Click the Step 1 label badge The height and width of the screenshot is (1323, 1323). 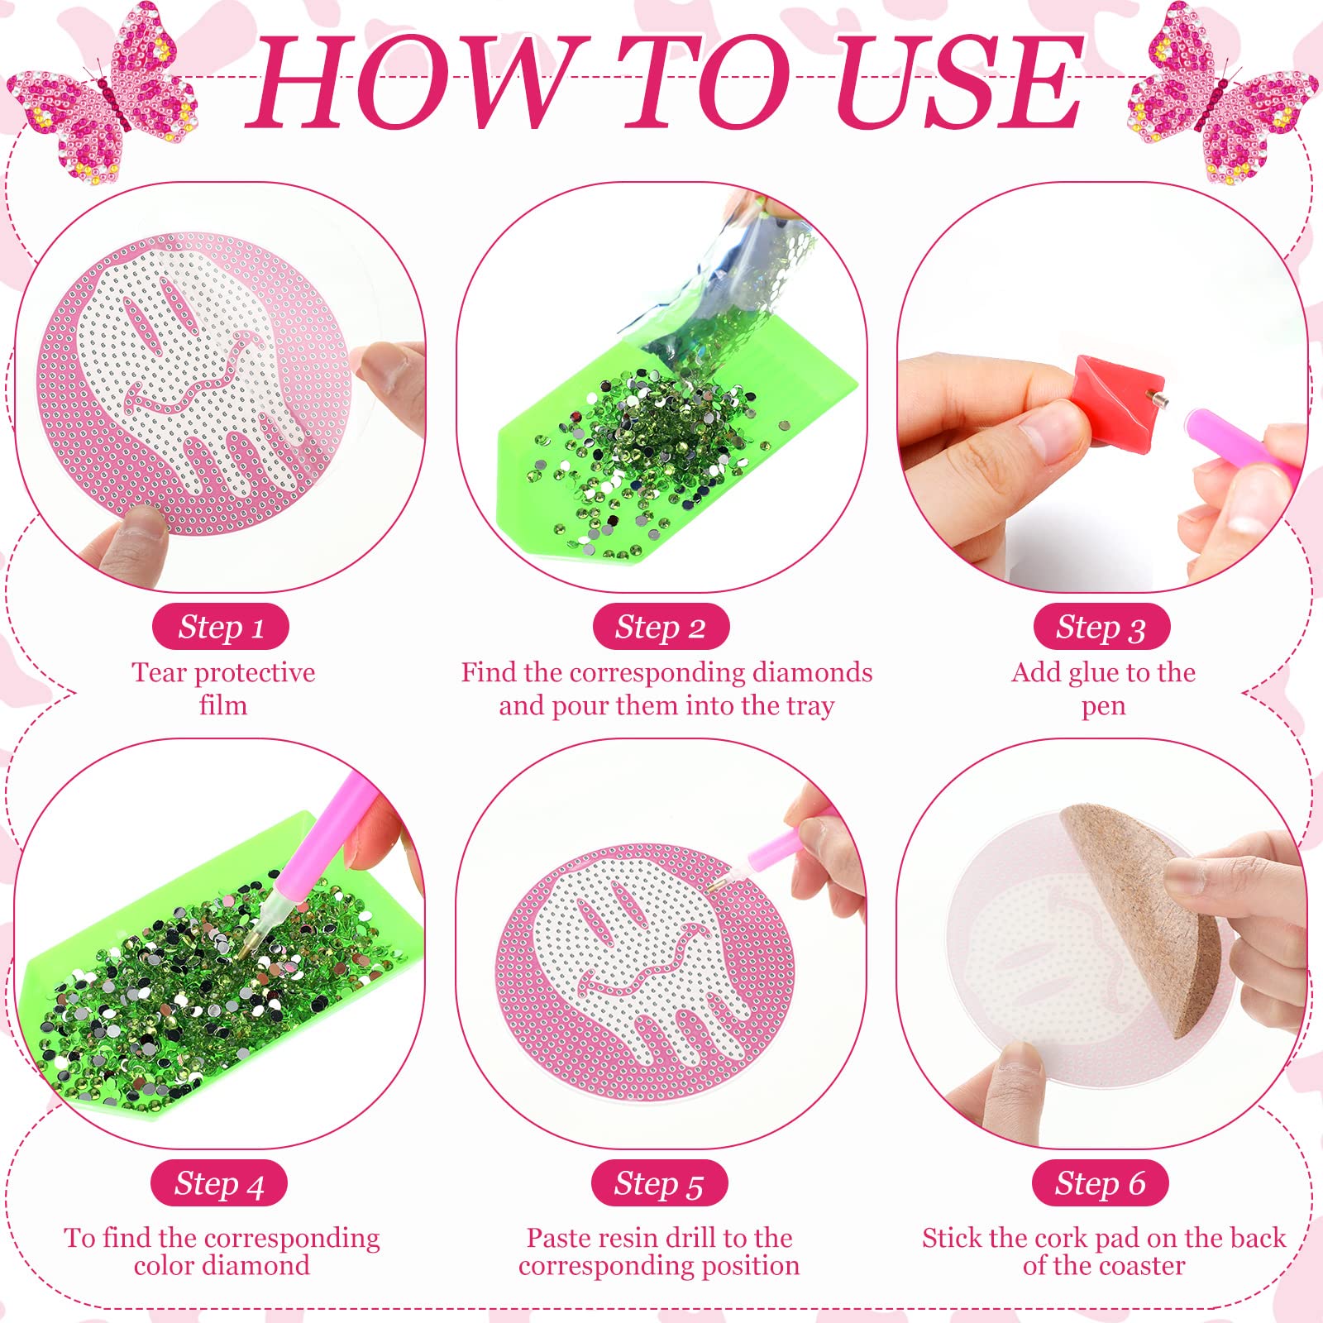(221, 628)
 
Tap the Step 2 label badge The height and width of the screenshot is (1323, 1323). (661, 628)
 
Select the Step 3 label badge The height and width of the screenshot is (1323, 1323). (1101, 628)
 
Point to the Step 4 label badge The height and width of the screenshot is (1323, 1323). (219, 1184)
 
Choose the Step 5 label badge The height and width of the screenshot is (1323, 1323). (659, 1184)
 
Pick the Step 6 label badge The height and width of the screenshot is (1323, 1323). (1101, 1184)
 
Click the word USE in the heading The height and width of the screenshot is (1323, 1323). (958, 83)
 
